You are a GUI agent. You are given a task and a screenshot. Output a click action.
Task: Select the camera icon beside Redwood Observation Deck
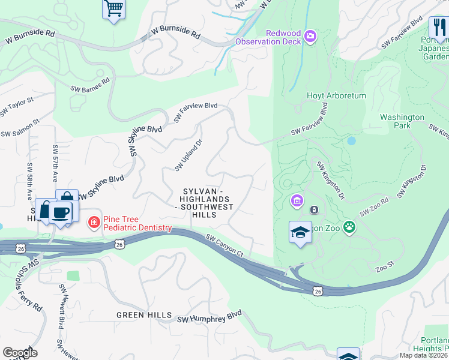click(x=310, y=37)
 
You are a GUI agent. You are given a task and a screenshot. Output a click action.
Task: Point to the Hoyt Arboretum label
click(x=328, y=96)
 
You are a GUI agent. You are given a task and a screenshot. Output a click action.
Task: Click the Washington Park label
click(x=402, y=121)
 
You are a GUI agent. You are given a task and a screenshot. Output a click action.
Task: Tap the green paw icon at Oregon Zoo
click(x=349, y=227)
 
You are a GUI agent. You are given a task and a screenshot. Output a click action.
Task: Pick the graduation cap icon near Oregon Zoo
click(x=300, y=232)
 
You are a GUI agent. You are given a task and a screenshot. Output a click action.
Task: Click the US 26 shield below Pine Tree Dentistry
click(x=119, y=244)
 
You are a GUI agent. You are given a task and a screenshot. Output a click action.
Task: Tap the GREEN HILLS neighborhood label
click(x=144, y=314)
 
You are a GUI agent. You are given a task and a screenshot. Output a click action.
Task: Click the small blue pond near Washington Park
click(x=351, y=142)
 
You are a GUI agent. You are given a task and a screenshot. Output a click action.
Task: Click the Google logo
click(x=20, y=352)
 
